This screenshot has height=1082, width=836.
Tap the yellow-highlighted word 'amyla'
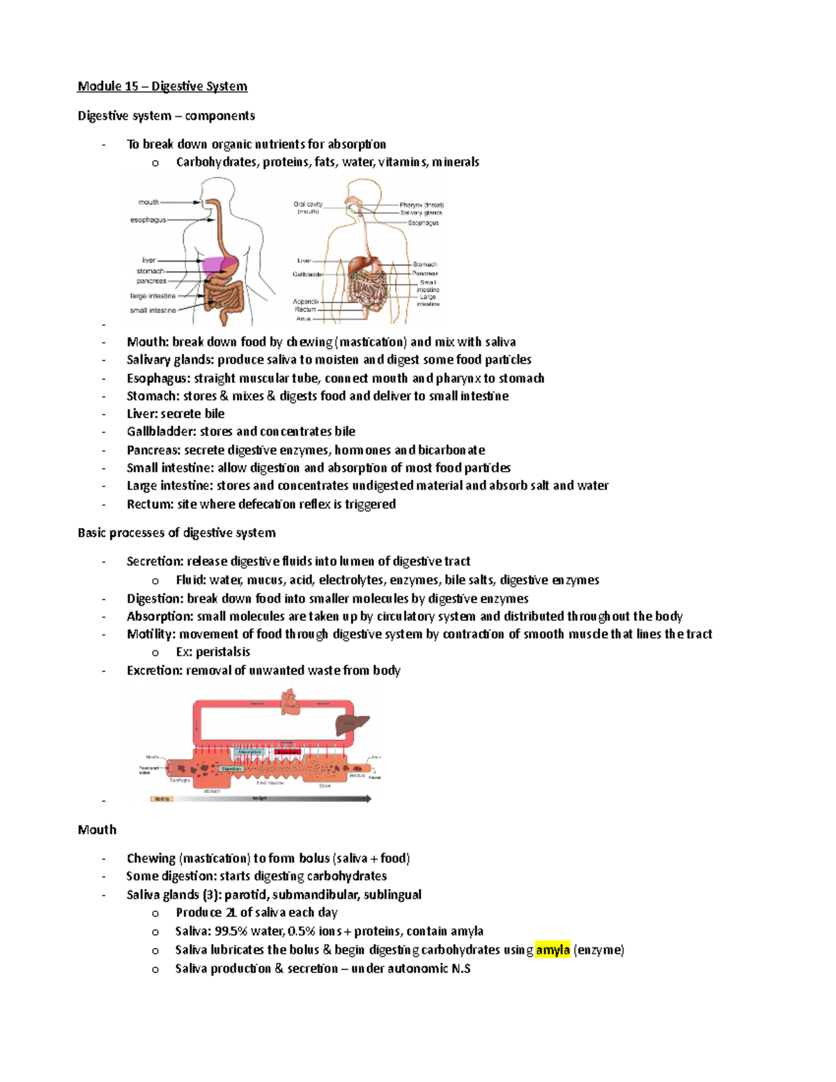point(552,950)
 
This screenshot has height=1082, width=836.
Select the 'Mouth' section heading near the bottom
point(97,830)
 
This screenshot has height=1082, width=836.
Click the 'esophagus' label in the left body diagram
point(148,220)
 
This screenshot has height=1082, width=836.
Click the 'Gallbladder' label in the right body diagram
point(308,275)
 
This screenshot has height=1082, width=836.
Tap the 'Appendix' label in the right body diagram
point(306,302)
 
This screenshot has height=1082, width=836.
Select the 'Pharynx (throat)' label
point(421,206)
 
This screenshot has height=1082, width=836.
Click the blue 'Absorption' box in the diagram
point(249,752)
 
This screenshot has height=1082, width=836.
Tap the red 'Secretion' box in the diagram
point(287,752)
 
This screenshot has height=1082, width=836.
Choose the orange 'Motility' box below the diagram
point(162,799)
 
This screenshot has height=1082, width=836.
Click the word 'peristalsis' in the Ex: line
point(222,652)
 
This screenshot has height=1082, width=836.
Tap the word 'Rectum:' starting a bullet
point(150,504)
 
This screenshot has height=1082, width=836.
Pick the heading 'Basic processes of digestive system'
point(176,533)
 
